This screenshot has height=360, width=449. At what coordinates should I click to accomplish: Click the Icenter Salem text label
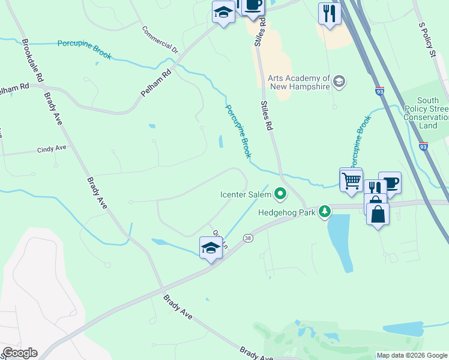click(x=246, y=194)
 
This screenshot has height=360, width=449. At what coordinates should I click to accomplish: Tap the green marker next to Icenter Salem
click(x=280, y=193)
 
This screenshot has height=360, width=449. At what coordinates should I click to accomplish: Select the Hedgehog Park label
click(x=287, y=211)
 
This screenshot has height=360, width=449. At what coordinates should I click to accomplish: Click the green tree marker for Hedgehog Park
click(x=325, y=211)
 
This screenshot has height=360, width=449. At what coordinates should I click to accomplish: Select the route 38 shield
click(x=247, y=238)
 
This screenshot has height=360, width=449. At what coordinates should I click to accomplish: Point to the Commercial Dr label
click(x=160, y=40)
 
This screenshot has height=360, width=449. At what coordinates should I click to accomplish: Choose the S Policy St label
click(x=426, y=40)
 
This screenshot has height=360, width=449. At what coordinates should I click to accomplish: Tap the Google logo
click(x=20, y=353)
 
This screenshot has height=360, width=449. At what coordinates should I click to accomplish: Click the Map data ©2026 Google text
click(x=411, y=355)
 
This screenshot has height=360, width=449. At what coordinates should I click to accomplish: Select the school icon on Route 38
click(x=211, y=247)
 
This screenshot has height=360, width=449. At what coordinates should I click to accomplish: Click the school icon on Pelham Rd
click(x=224, y=12)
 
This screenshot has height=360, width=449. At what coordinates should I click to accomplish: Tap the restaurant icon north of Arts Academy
click(x=330, y=13)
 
